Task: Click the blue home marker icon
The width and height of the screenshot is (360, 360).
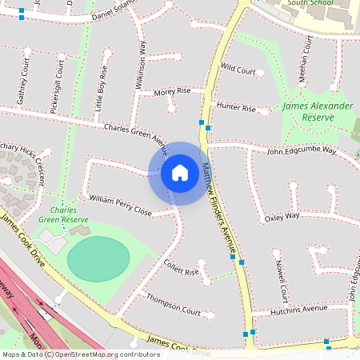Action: tap(179, 173)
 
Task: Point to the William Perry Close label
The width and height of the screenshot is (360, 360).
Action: tap(121, 206)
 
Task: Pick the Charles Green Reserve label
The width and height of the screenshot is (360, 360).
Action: tap(64, 214)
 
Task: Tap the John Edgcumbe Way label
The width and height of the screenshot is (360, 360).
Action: tap(302, 150)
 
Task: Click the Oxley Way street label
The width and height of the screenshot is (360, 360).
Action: tap(282, 216)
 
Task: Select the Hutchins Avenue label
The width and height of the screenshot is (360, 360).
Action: tap(299, 308)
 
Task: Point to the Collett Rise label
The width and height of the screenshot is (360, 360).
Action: tap(180, 267)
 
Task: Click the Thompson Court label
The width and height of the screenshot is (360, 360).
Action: tap(174, 305)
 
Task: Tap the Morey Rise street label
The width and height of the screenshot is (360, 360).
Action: tap(172, 91)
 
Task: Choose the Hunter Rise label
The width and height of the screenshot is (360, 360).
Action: tap(235, 107)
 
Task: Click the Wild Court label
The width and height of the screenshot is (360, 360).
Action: tap(238, 70)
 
